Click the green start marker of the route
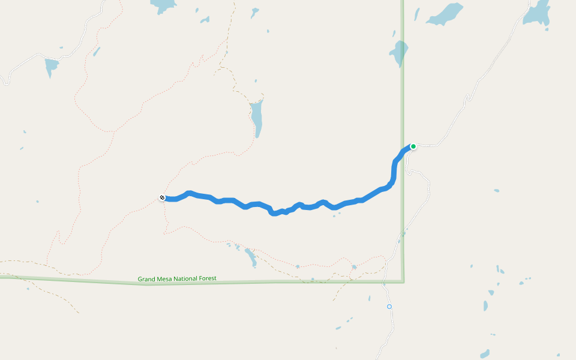click(413, 146)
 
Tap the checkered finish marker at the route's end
click(162, 197)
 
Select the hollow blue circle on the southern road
click(389, 307)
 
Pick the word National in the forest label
click(189, 278)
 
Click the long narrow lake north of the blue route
click(257, 117)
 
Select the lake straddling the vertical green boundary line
click(398, 53)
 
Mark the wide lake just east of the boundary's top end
click(446, 14)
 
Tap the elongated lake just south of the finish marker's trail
click(251, 258)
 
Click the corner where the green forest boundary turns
click(403, 281)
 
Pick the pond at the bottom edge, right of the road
click(485, 354)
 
